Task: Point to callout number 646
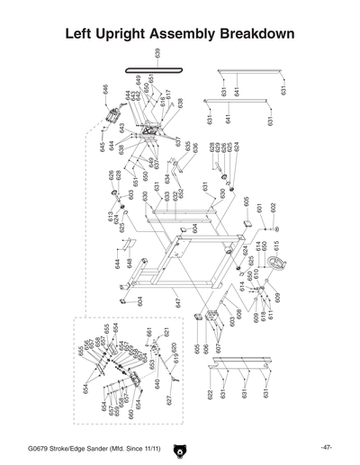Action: coord(106,90)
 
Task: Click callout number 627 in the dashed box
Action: coord(168,401)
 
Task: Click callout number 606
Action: coord(205,349)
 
